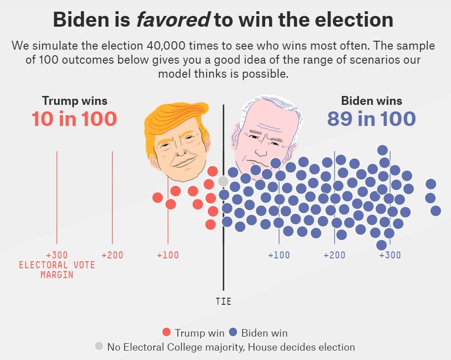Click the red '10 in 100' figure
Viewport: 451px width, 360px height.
coord(74,119)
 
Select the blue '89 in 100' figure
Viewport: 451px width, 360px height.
coord(371,119)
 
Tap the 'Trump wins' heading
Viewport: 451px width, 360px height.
coord(74,101)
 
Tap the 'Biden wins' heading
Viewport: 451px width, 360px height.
coord(371,101)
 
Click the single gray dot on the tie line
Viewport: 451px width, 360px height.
coord(223,181)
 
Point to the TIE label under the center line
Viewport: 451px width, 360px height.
coord(223,301)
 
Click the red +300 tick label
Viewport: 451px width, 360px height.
coord(57,255)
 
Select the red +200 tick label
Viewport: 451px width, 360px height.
coord(112,255)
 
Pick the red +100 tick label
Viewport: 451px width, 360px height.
coord(168,255)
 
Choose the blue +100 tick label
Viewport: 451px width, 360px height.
coord(279,255)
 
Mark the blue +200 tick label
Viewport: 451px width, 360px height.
coord(334,255)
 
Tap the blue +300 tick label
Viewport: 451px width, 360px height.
coord(390,255)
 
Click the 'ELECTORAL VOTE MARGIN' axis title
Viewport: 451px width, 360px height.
coord(57,270)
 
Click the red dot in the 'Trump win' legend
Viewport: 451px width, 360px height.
coord(166,333)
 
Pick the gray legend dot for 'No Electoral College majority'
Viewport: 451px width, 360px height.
coord(99,346)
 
